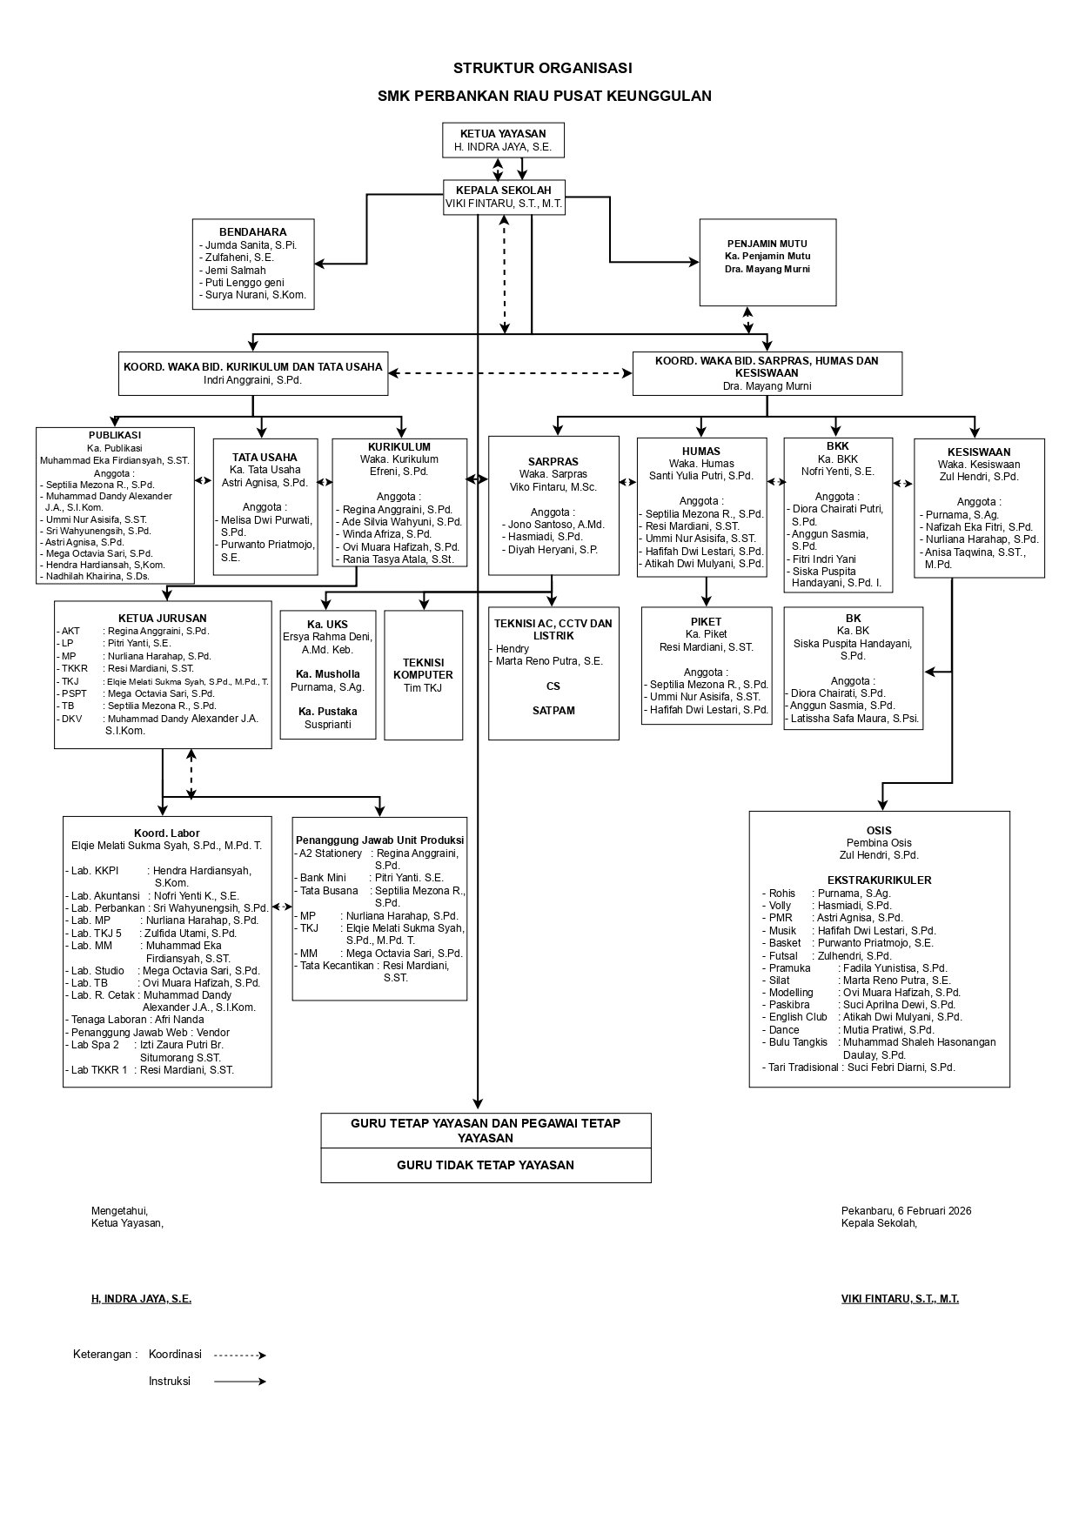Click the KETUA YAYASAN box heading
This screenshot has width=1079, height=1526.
(503, 134)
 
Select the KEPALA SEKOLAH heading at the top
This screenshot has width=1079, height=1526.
(503, 191)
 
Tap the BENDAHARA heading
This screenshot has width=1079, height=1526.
(252, 232)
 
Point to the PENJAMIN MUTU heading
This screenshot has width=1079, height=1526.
(767, 244)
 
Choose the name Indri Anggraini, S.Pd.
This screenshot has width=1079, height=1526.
(252, 380)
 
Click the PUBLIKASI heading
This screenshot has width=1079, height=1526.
(114, 435)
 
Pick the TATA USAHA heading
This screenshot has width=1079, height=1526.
(265, 457)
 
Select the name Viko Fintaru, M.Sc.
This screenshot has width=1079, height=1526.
(553, 487)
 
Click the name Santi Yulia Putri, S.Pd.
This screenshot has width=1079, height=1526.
(700, 476)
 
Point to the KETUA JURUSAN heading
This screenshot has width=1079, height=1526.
(162, 619)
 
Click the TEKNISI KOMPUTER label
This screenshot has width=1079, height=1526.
(423, 668)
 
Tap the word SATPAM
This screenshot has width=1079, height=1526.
(553, 711)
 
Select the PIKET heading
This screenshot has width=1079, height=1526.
(706, 622)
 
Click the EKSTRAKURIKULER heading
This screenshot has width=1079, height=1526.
(879, 880)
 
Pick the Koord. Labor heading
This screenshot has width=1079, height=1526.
(166, 833)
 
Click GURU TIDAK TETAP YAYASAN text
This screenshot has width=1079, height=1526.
(486, 1165)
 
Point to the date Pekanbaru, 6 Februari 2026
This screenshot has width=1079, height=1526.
(906, 1210)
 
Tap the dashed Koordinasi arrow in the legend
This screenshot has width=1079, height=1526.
(239, 1355)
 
